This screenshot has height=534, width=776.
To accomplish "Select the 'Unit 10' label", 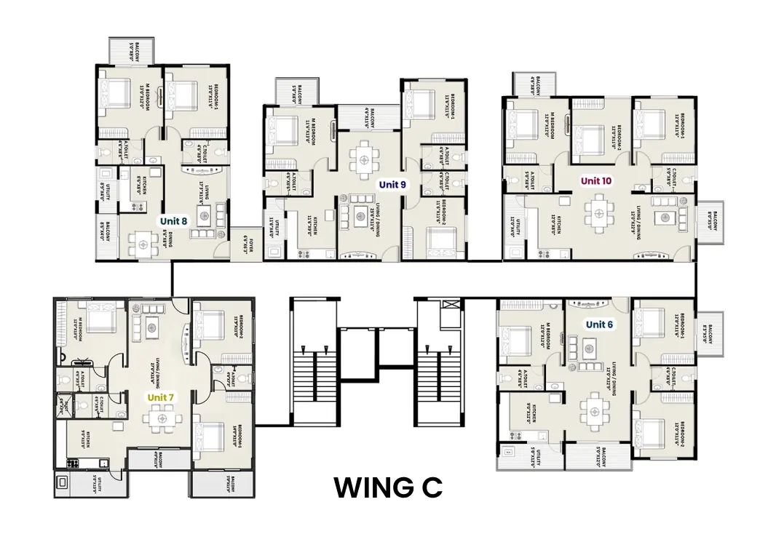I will tap(595, 180).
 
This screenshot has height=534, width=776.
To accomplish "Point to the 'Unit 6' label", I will tap(600, 324).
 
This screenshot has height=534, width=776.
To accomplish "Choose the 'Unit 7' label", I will tap(161, 397).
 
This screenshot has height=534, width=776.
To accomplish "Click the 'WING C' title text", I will tap(388, 488).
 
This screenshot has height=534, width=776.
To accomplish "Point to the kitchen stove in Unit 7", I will tap(73, 463).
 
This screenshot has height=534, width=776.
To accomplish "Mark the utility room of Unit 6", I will tap(531, 456).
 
